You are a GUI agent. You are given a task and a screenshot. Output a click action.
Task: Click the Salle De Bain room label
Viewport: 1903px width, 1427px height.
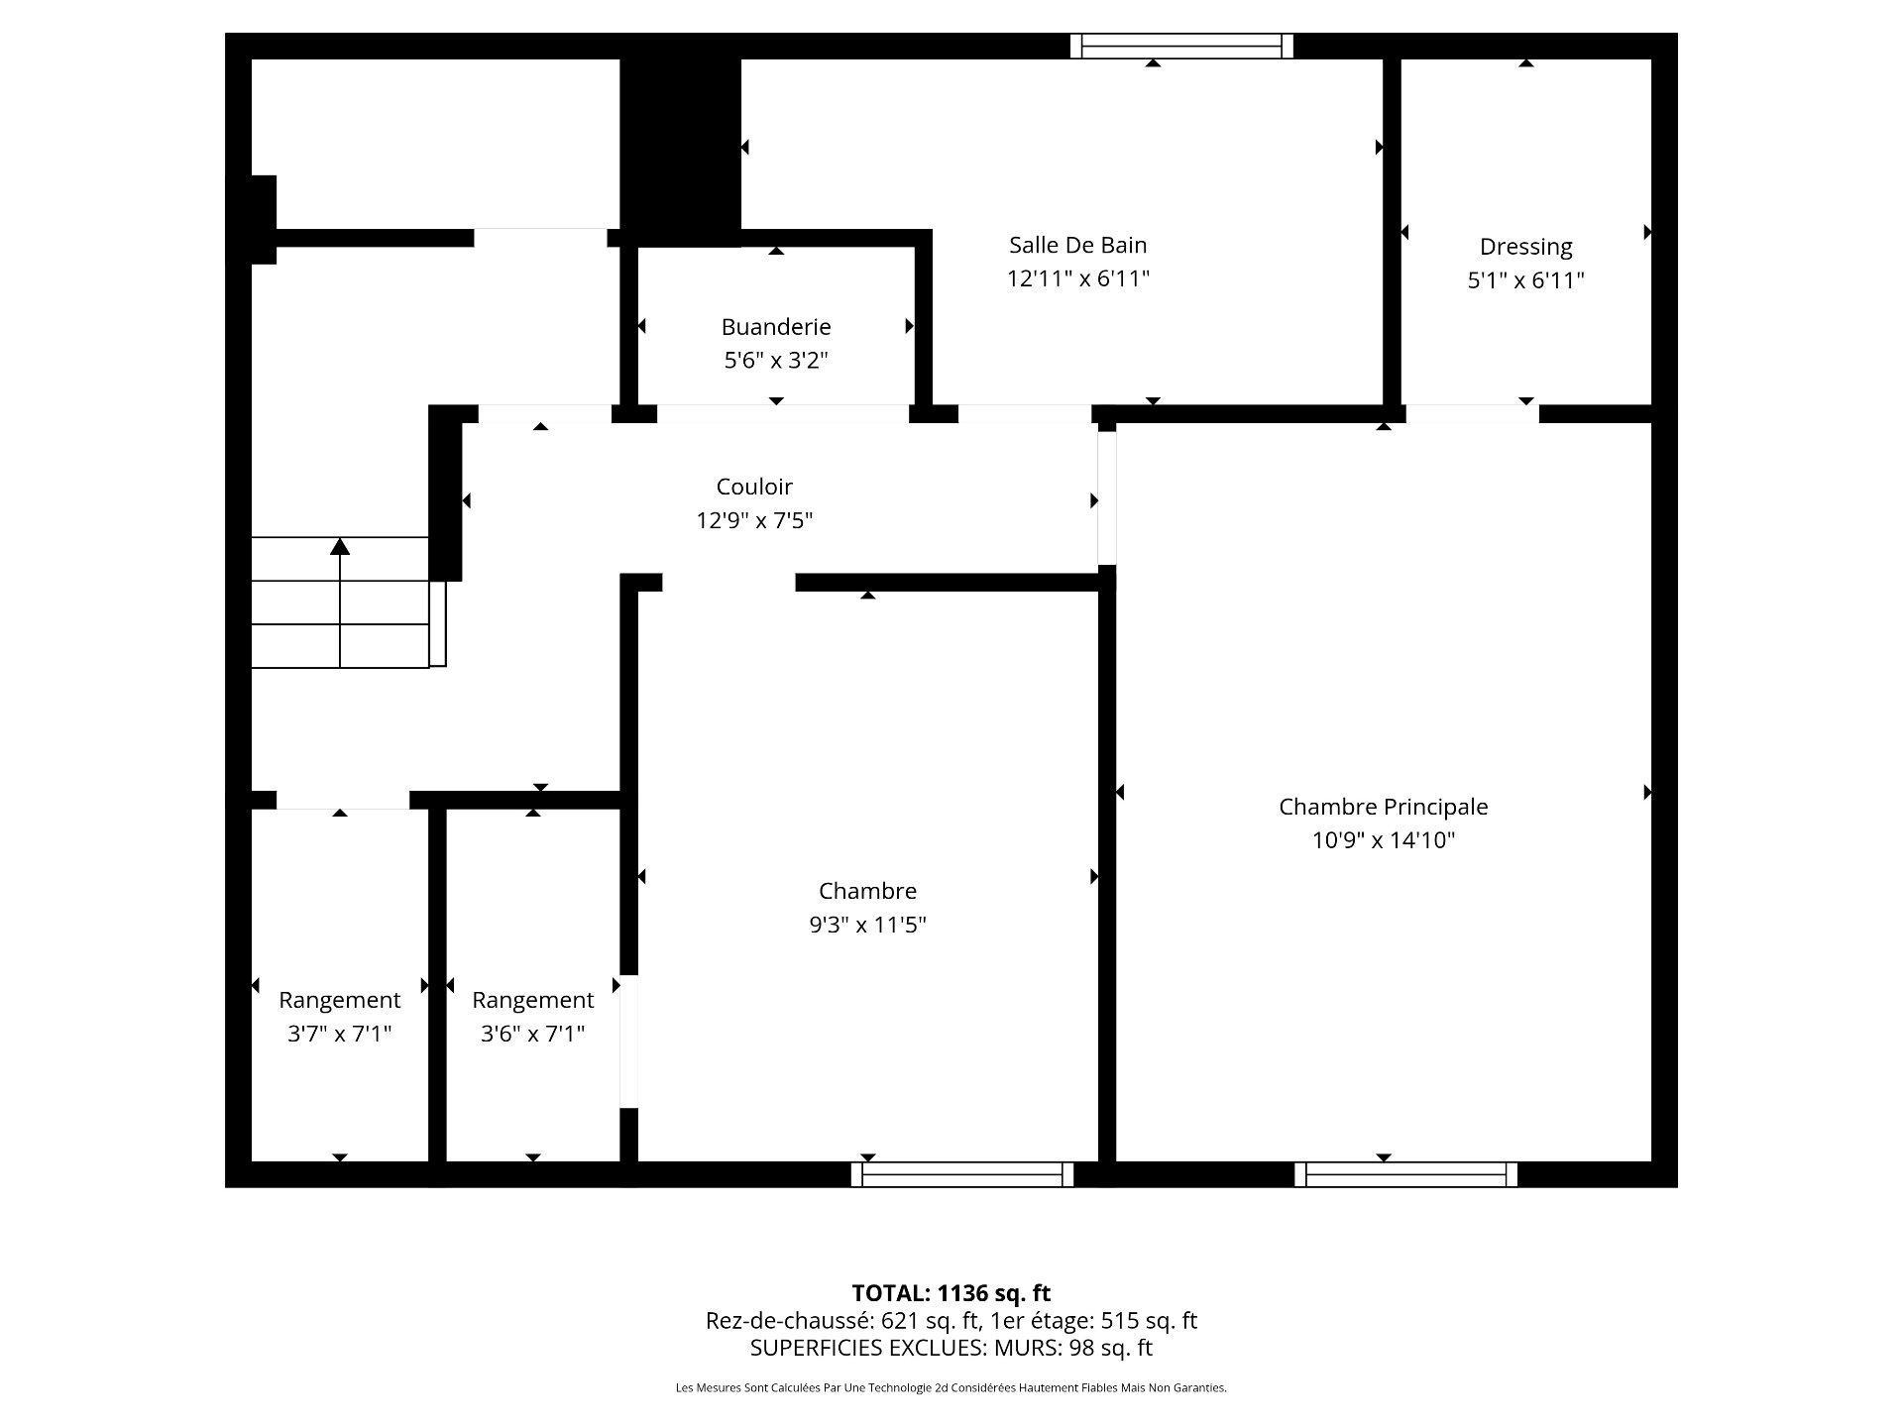(1077, 245)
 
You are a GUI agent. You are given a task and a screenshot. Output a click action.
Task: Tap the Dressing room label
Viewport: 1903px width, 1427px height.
(1525, 247)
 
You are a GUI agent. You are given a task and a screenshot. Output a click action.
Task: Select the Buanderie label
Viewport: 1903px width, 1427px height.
(775, 327)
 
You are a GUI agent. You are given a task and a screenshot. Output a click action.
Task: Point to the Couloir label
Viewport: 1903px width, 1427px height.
(754, 487)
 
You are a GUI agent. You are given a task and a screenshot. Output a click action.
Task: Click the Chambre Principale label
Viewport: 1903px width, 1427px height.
(1383, 807)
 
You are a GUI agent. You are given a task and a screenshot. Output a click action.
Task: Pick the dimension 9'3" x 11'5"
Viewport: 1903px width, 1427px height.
(867, 925)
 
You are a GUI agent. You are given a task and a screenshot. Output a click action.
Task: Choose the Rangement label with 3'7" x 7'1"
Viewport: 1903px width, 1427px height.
(339, 1000)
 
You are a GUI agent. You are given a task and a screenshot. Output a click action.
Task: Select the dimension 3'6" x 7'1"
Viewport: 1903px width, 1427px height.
(532, 1034)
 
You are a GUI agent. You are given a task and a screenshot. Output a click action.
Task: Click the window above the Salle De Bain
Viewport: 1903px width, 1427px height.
(1181, 47)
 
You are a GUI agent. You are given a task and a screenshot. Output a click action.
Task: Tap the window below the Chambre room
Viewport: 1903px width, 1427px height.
(961, 1175)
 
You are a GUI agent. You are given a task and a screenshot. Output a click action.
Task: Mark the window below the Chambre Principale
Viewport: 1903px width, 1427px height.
(1405, 1175)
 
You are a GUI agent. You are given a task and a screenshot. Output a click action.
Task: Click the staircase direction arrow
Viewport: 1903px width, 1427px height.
(340, 547)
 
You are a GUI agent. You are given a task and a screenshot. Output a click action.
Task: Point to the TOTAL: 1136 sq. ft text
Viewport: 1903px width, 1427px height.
(951, 1293)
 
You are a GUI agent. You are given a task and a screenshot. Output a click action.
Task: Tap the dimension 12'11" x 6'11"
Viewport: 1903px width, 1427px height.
(1077, 278)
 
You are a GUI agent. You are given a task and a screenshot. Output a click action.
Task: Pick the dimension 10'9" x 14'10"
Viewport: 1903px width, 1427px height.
(1383, 840)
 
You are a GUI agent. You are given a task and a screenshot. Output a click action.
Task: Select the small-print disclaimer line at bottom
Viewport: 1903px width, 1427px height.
(951, 1388)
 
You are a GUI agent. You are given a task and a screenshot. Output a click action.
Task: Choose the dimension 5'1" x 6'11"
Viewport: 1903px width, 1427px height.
(1525, 280)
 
